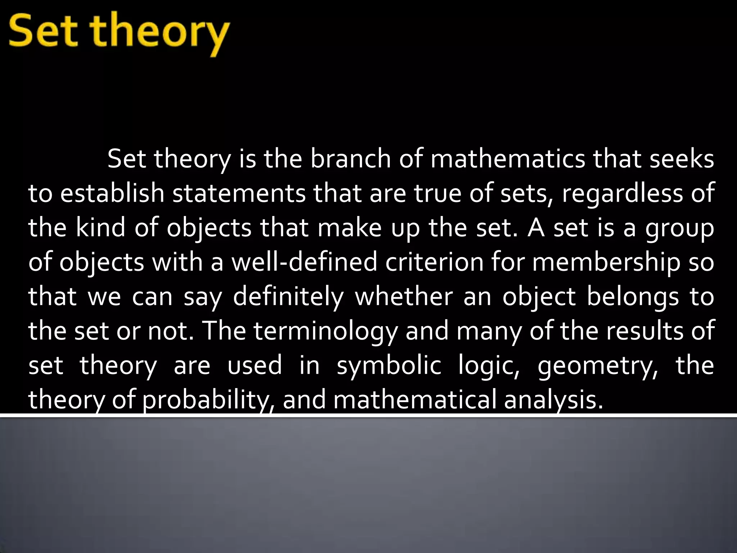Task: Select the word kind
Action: coord(100,228)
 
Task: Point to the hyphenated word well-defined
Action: coord(304,262)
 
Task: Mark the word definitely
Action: coord(288,297)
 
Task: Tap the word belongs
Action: coord(633,297)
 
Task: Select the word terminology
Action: coord(325,332)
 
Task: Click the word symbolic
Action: coord(389,367)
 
